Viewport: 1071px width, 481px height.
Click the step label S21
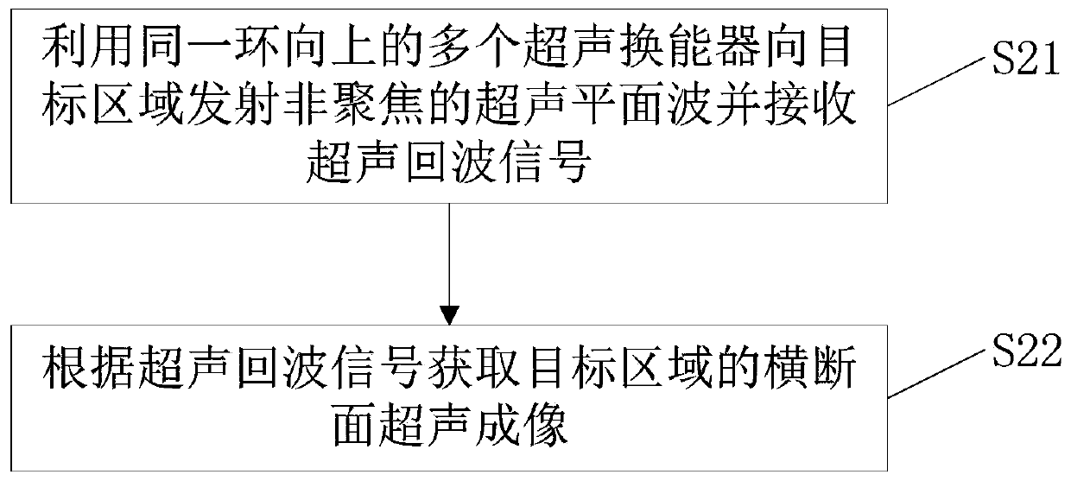[x=1026, y=60]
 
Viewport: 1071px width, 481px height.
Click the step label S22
[x=1027, y=351]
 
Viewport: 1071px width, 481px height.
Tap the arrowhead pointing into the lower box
[x=449, y=315]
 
